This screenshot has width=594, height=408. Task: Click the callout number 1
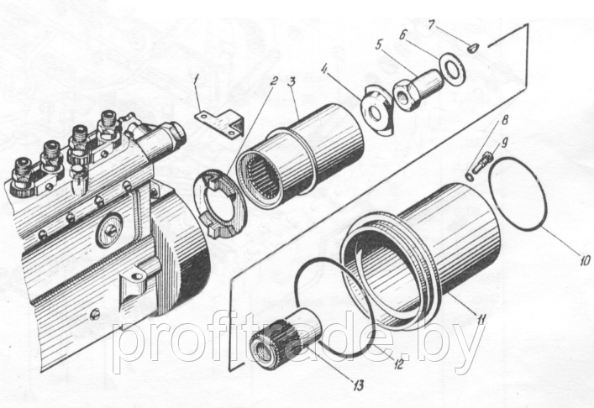pyautogui.click(x=197, y=81)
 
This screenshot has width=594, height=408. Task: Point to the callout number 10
pyautogui.click(x=584, y=260)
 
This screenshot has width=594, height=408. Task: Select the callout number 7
pyautogui.click(x=433, y=25)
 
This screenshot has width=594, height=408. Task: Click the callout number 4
pyautogui.click(x=324, y=70)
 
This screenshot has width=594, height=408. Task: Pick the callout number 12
pyautogui.click(x=398, y=364)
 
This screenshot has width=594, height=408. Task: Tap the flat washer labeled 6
pyautogui.click(x=453, y=68)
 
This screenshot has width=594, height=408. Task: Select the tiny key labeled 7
pyautogui.click(x=474, y=48)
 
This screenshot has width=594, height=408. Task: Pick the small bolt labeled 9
pyautogui.click(x=482, y=162)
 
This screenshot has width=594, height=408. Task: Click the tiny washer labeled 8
pyautogui.click(x=470, y=177)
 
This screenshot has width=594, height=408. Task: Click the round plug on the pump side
pyautogui.click(x=109, y=230)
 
